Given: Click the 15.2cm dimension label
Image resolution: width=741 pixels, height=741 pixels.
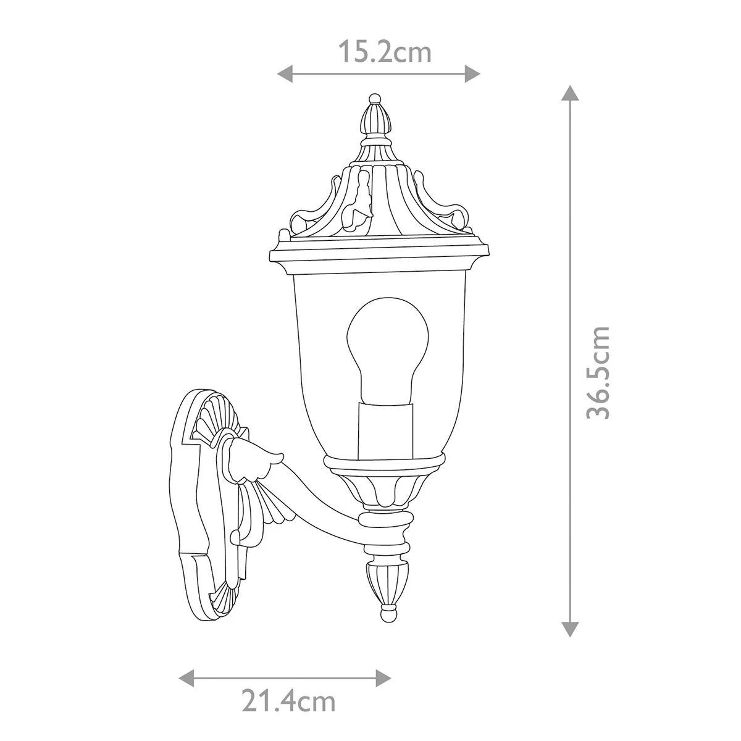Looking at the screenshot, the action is pyautogui.click(x=385, y=52).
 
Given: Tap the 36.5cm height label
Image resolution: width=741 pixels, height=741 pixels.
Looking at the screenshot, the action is pyautogui.click(x=598, y=372).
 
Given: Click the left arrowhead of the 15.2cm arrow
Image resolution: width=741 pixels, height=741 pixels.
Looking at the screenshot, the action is pyautogui.click(x=285, y=73).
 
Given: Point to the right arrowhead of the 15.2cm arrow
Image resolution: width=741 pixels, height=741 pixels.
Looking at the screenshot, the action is pyautogui.click(x=472, y=73).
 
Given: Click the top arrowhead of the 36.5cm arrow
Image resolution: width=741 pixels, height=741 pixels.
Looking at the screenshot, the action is pyautogui.click(x=570, y=93).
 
